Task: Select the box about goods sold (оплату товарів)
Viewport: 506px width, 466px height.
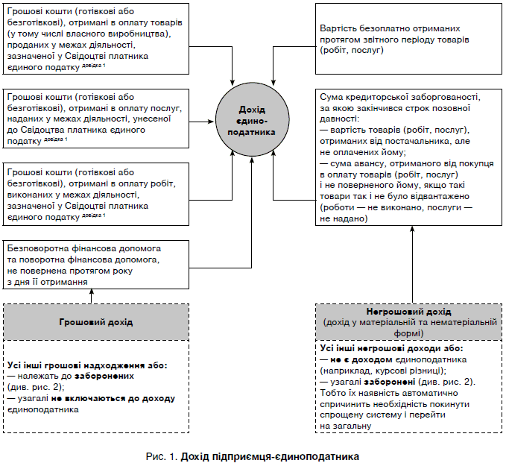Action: (x=96, y=40)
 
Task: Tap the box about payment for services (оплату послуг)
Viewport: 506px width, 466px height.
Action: (x=96, y=118)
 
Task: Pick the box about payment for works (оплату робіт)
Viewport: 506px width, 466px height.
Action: (x=96, y=193)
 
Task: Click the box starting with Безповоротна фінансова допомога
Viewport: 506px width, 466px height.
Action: (x=96, y=264)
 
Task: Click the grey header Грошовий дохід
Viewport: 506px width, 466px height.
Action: (x=96, y=322)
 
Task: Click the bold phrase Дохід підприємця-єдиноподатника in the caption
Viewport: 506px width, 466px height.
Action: (x=269, y=455)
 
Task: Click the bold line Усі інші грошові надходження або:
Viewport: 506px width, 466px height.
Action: (x=88, y=365)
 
